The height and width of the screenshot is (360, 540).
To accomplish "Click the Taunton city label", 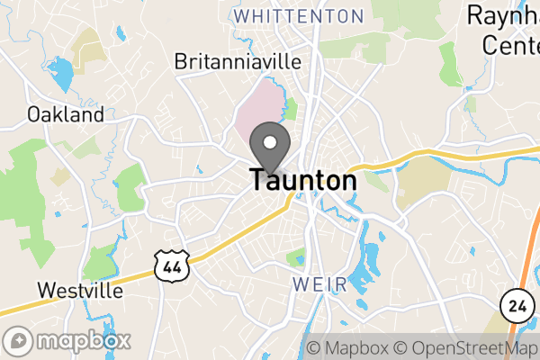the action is pyautogui.click(x=303, y=180).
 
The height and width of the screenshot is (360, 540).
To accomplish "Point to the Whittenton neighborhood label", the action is pyautogui.click(x=298, y=16).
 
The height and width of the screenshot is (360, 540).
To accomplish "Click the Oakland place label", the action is pyautogui.click(x=65, y=114).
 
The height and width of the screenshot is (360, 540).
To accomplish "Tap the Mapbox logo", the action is pyautogui.click(x=68, y=341).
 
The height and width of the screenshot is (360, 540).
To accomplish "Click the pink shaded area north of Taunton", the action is pyautogui.click(x=258, y=112).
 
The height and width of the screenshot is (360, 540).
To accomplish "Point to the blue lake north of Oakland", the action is pyautogui.click(x=59, y=76).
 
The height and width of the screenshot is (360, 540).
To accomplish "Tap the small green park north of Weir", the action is pyautogui.click(x=296, y=257).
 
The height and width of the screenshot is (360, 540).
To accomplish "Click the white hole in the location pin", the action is pyautogui.click(x=269, y=141).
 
